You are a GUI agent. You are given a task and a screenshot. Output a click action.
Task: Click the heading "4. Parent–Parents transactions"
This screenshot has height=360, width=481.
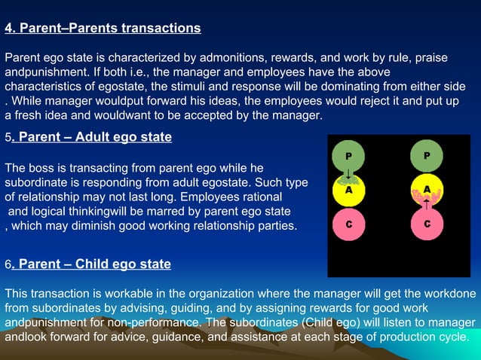(x=103, y=29)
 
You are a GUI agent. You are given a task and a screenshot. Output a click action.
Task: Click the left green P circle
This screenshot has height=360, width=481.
(x=348, y=157)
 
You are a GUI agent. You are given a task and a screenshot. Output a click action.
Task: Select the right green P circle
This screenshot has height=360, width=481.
(x=427, y=157)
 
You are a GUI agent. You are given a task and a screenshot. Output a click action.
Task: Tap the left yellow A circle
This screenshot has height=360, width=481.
(x=348, y=191)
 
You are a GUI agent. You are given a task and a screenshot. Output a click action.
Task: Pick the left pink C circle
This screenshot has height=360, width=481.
(x=348, y=224)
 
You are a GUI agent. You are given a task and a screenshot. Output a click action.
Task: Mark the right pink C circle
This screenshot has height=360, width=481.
(x=427, y=224)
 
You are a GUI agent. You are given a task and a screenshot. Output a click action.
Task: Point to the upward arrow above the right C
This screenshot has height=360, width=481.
(x=427, y=204)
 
